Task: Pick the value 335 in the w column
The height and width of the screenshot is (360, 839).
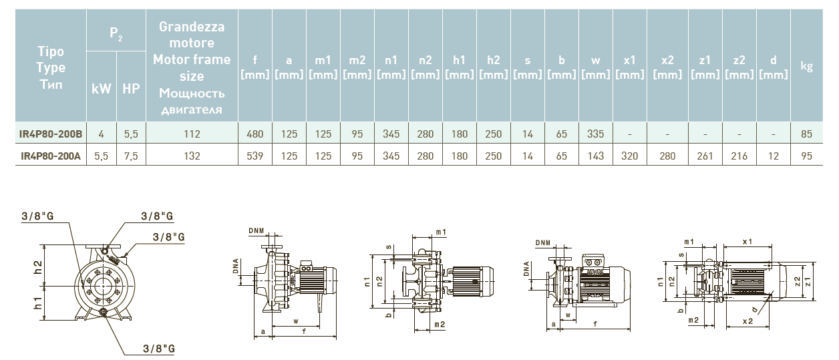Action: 595,134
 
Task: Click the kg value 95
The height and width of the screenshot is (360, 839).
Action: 806,156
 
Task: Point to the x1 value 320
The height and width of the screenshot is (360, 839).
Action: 629,156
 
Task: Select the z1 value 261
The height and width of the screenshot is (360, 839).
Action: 705,156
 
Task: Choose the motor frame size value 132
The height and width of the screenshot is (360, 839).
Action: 192,156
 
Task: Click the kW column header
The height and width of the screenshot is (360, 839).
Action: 101,87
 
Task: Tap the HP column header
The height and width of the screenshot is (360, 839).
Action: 131,87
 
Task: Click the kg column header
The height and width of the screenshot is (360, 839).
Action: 806,66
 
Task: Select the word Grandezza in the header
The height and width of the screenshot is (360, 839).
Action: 192,27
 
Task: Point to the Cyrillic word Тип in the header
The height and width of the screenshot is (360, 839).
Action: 51,85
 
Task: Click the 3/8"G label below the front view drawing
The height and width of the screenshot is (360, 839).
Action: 158,349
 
